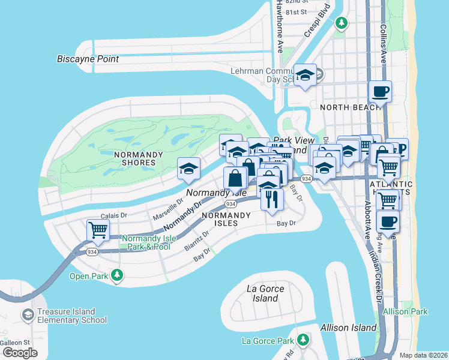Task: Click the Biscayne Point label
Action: (x=88, y=59)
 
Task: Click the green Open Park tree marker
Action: (x=117, y=276)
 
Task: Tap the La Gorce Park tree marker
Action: (x=303, y=341)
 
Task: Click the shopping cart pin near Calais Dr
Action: (x=98, y=229)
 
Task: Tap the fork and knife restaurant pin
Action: (x=272, y=199)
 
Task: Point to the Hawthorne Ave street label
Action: (x=280, y=26)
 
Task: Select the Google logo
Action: (x=20, y=353)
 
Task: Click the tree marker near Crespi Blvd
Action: (x=341, y=23)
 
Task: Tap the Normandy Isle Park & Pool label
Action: (x=149, y=242)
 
